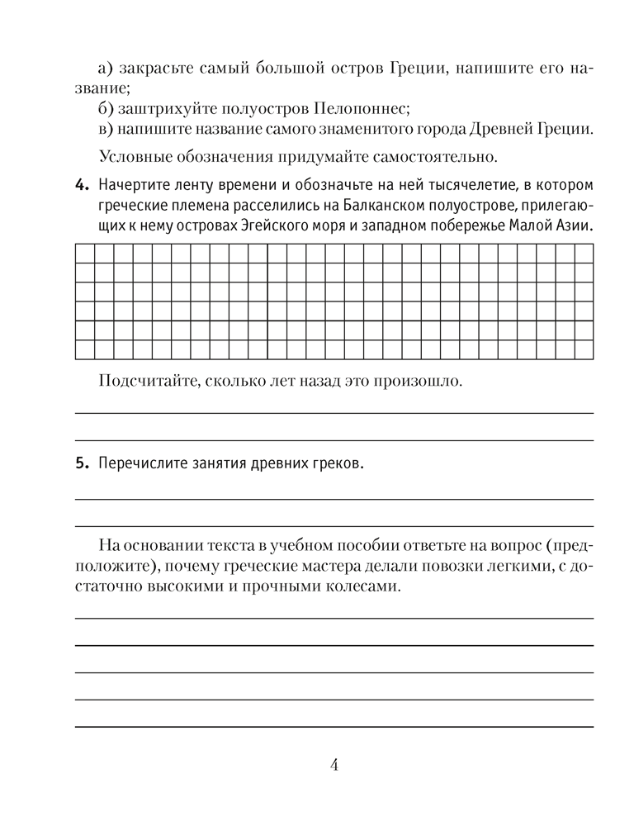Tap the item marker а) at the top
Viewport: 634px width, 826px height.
click(x=106, y=68)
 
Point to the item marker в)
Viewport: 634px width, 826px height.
click(x=106, y=129)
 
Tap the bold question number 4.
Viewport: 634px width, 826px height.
click(x=81, y=183)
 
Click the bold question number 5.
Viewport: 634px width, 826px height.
click(x=81, y=465)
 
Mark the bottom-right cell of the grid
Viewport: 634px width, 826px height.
click(x=584, y=350)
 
